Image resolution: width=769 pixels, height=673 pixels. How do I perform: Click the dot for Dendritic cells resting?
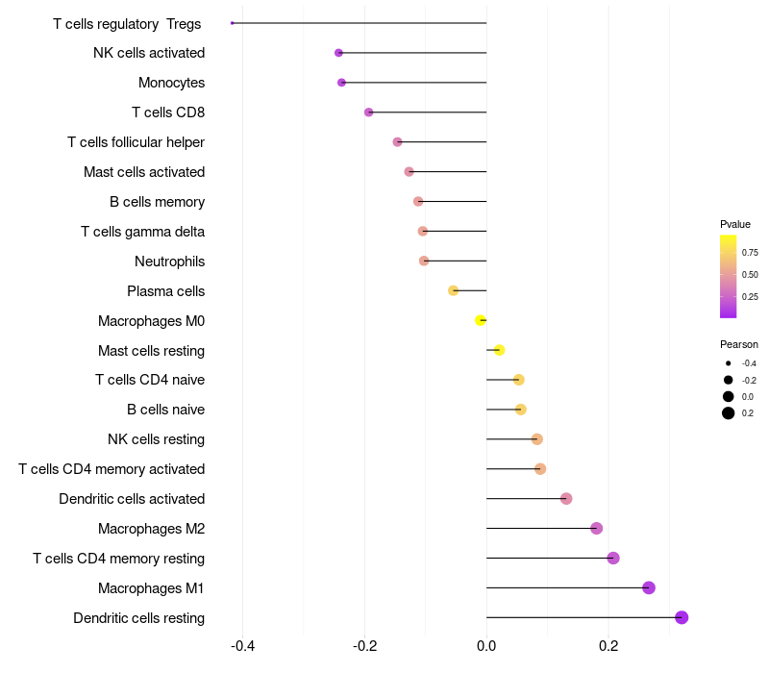pyautogui.click(x=682, y=617)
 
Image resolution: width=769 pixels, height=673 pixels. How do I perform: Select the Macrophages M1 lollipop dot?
pyautogui.click(x=649, y=587)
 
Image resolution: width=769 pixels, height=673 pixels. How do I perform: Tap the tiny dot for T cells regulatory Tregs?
pyautogui.click(x=233, y=22)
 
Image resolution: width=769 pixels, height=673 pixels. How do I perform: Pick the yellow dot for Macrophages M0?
pyautogui.click(x=481, y=320)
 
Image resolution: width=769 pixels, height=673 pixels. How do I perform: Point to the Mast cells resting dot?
pyautogui.click(x=499, y=350)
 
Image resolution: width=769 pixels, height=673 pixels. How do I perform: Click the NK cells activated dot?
pyautogui.click(x=338, y=53)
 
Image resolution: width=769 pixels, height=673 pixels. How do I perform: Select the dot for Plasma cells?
pyautogui.click(x=454, y=290)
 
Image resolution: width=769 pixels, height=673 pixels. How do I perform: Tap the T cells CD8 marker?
pyautogui.click(x=369, y=112)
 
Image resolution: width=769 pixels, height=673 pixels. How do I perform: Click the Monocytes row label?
pyautogui.click(x=171, y=83)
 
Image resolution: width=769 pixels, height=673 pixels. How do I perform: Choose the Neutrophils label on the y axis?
pyautogui.click(x=169, y=262)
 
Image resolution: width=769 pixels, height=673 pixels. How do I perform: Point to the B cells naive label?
pyautogui.click(x=165, y=410)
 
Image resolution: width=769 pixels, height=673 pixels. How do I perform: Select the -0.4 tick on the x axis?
pyautogui.click(x=243, y=646)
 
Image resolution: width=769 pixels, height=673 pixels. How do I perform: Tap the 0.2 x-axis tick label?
pyautogui.click(x=608, y=646)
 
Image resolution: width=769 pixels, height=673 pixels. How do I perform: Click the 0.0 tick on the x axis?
pyautogui.click(x=486, y=646)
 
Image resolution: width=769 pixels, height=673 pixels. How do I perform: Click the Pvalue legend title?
pyautogui.click(x=735, y=224)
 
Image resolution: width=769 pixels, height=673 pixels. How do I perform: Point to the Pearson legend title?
pyautogui.click(x=739, y=344)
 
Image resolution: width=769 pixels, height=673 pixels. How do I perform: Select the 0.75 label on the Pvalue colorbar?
pyautogui.click(x=750, y=253)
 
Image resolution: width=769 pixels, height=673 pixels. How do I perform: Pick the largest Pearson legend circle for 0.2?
pyautogui.click(x=729, y=413)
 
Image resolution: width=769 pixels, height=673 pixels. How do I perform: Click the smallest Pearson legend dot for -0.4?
pyautogui.click(x=729, y=363)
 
